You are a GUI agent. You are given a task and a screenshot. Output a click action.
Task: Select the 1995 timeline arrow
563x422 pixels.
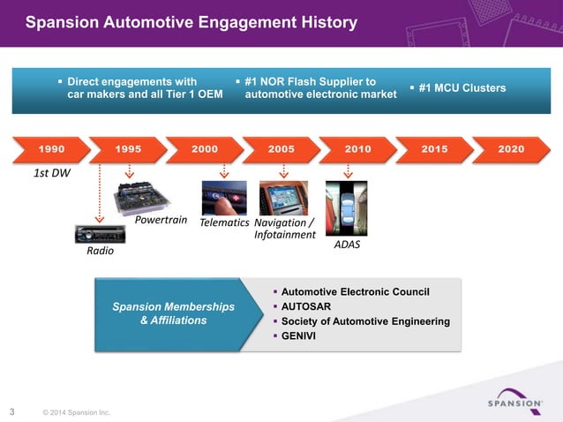(126, 149)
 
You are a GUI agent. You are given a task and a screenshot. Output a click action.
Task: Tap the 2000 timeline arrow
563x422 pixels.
(203, 149)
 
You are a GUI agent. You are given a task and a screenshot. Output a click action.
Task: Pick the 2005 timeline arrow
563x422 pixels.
(280, 149)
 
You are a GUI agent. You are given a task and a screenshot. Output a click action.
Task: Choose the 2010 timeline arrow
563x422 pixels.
(357, 149)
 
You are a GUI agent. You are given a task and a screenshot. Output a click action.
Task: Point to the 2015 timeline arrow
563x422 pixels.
(433, 149)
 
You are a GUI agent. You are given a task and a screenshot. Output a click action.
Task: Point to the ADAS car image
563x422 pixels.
(345, 207)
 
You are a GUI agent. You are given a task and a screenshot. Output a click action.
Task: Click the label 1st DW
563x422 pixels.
(51, 174)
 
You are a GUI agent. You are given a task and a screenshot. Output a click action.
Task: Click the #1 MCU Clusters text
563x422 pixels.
(462, 88)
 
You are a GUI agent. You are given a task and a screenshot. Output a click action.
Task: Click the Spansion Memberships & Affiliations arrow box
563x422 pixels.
(173, 313)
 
